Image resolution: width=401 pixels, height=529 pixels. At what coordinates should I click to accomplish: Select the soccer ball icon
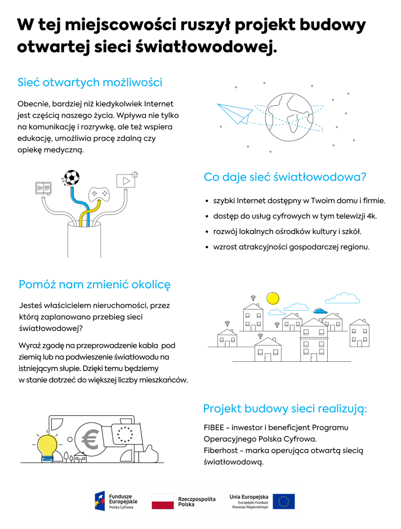(72, 178)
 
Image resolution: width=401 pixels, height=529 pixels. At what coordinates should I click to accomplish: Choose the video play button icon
(124, 181)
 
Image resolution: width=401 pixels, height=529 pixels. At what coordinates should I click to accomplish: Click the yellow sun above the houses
(273, 298)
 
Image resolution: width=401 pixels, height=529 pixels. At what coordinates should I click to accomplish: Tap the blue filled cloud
(319, 310)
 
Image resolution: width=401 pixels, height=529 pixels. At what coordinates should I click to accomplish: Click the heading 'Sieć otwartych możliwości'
(90, 82)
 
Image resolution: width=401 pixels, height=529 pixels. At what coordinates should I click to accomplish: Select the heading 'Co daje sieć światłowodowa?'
(285, 177)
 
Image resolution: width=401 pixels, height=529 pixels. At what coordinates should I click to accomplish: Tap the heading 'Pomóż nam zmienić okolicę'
(94, 284)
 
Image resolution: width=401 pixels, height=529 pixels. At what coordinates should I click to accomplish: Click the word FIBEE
(215, 427)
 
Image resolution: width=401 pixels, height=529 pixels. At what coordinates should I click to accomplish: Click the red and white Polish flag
(163, 501)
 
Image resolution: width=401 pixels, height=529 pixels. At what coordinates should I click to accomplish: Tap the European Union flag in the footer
(284, 501)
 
